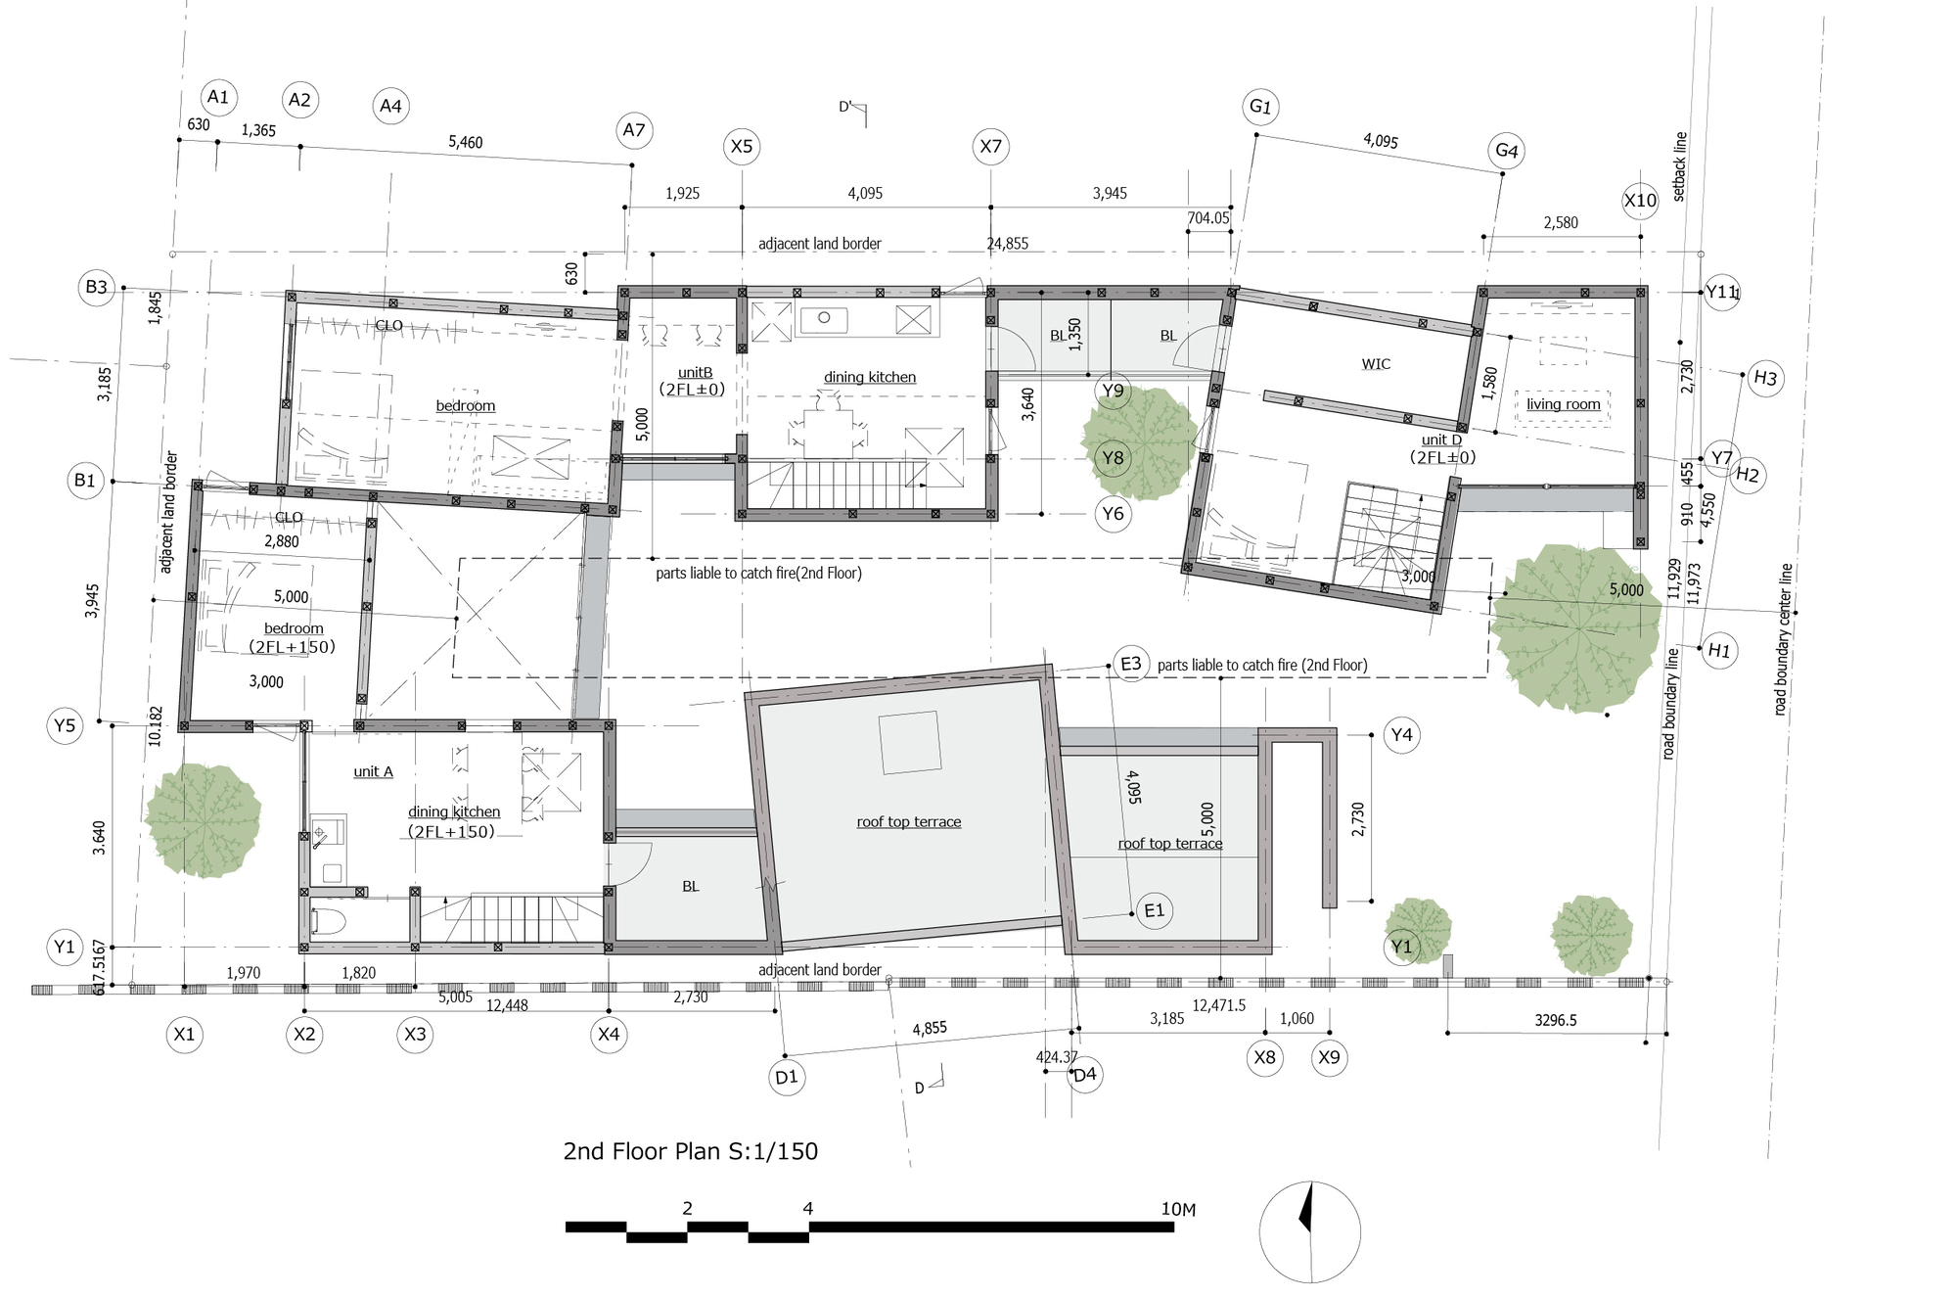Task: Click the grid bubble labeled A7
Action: pyautogui.click(x=634, y=130)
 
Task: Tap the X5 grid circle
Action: pyautogui.click(x=742, y=147)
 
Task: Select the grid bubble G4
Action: pyautogui.click(x=1506, y=151)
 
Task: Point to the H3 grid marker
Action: pyautogui.click(x=1765, y=378)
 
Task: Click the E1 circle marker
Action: pyautogui.click(x=1155, y=910)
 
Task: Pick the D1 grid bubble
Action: pyautogui.click(x=787, y=1078)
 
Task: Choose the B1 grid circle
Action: pyautogui.click(x=85, y=481)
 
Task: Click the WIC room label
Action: pyautogui.click(x=1376, y=364)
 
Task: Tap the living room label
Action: pyautogui.click(x=1564, y=404)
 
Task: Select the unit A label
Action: pyautogui.click(x=373, y=771)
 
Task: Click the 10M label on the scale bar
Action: pyautogui.click(x=1178, y=1210)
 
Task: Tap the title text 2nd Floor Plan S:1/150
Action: pyautogui.click(x=691, y=1151)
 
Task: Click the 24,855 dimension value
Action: pyautogui.click(x=1008, y=244)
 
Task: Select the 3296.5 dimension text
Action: pyautogui.click(x=1556, y=1020)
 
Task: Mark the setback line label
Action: pyautogui.click(x=1680, y=166)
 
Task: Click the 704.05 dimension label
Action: pyautogui.click(x=1208, y=218)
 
